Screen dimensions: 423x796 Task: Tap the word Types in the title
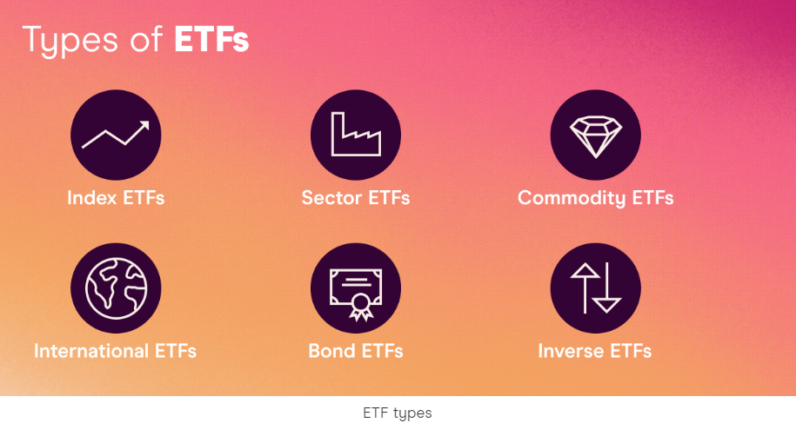pyautogui.click(x=69, y=42)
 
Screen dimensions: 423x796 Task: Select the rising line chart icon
pyautogui.click(x=116, y=135)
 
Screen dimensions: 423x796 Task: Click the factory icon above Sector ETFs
pyautogui.click(x=355, y=135)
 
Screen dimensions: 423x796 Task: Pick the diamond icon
pyautogui.click(x=595, y=135)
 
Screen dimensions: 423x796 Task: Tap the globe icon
pyautogui.click(x=116, y=288)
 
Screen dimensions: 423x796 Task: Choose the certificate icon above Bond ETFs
pyautogui.click(x=355, y=288)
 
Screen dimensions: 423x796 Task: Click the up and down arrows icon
pyautogui.click(x=595, y=288)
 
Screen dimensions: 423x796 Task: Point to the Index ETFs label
pyautogui.click(x=116, y=198)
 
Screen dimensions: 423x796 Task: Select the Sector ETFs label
pyautogui.click(x=355, y=198)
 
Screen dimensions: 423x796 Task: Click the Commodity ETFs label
pyautogui.click(x=595, y=198)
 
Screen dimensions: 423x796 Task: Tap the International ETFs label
pyautogui.click(x=115, y=352)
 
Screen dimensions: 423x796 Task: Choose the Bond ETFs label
pyautogui.click(x=355, y=352)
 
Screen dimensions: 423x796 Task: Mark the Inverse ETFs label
pyautogui.click(x=595, y=352)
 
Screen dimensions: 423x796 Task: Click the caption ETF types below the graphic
pyautogui.click(x=397, y=413)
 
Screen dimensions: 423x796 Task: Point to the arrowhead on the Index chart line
pyautogui.click(x=144, y=127)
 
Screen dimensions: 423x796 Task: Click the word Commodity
pyautogui.click(x=572, y=198)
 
